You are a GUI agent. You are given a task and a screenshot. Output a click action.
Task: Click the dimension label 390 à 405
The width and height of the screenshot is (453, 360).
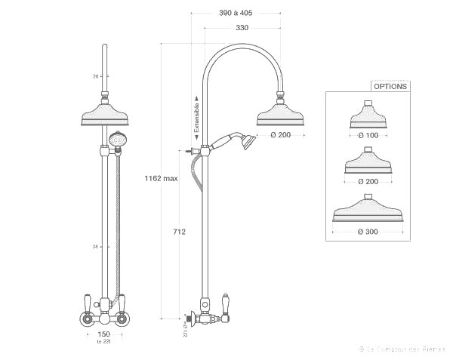coord(236,14)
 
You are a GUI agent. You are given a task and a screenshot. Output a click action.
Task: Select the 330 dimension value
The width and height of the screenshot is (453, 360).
coord(242,28)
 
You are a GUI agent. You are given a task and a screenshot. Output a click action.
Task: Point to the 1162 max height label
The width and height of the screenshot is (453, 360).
coord(161,179)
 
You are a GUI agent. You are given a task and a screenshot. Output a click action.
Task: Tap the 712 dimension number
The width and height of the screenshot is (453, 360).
coord(179,232)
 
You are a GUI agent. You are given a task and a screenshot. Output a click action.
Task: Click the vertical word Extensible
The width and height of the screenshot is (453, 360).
coord(196,118)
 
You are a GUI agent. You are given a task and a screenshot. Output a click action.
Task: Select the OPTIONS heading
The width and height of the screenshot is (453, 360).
coord(390,86)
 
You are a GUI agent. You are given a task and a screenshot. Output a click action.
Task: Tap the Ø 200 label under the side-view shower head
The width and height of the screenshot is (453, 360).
coord(280,135)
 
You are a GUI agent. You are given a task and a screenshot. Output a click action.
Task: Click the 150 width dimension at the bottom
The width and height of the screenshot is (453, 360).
coord(104,334)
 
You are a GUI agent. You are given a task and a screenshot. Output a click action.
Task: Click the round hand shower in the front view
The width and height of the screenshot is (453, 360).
coord(116,140)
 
